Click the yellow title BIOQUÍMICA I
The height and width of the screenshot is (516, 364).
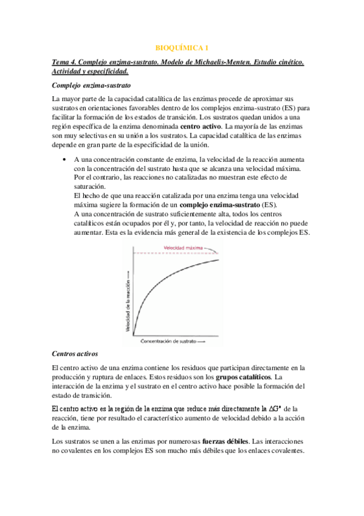pyautogui.click(x=182, y=47)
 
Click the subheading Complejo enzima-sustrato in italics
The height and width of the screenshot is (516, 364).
pyautogui.click(x=89, y=86)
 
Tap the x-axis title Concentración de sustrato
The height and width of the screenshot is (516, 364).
pyautogui.click(x=173, y=342)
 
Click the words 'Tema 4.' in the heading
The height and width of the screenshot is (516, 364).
pyautogui.click(x=64, y=63)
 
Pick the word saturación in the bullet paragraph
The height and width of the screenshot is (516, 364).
pyautogui.click(x=89, y=186)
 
